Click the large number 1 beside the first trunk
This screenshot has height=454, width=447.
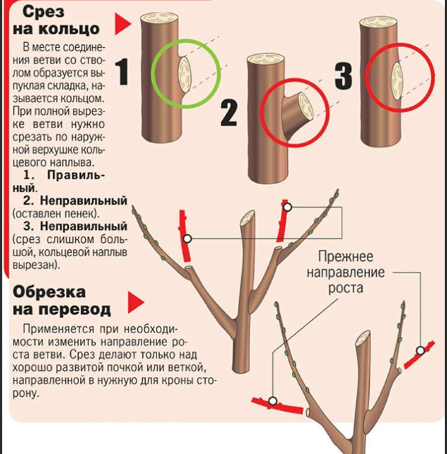tap(122, 71)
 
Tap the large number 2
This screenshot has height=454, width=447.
tap(229, 113)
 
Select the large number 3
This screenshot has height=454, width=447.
tap(344, 76)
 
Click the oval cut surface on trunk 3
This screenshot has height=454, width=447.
tap(397, 78)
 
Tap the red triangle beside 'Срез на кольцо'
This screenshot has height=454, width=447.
tap(122, 24)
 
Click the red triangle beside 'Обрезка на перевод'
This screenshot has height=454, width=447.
tap(135, 302)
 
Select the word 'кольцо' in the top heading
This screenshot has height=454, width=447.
tap(70, 29)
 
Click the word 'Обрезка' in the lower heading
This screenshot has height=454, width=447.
tap(49, 292)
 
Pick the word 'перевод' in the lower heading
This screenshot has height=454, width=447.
tap(75, 310)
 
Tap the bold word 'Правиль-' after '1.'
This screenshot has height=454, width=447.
tap(76, 175)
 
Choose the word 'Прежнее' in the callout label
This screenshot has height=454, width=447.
tap(346, 257)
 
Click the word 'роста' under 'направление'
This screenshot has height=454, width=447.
tap(346, 289)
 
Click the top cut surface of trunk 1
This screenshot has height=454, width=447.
tap(159, 18)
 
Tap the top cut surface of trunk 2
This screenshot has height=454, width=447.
tap(265, 59)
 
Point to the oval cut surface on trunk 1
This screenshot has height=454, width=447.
tap(184, 75)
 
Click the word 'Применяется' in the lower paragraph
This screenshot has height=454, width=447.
tap(58, 329)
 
